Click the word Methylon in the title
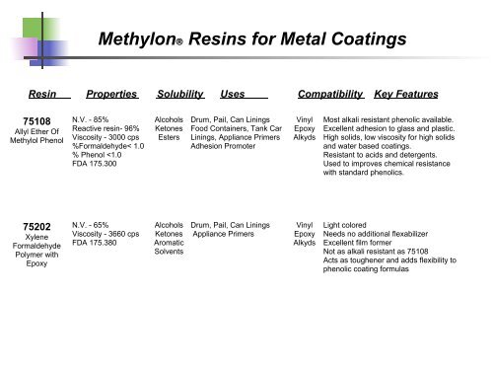point(143,40)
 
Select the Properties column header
point(110,94)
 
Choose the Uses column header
point(234,94)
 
